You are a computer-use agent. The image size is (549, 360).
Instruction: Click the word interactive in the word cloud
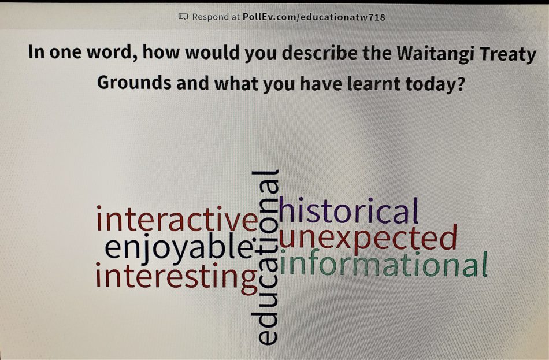click(x=177, y=221)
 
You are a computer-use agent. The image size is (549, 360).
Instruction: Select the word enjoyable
click(x=179, y=248)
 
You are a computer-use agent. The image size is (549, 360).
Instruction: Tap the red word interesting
click(x=176, y=276)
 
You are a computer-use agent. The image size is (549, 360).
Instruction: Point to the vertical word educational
click(x=266, y=257)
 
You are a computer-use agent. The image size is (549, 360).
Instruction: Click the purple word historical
click(x=348, y=211)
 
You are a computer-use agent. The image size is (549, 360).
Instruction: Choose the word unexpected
click(x=368, y=237)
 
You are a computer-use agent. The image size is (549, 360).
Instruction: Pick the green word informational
click(x=384, y=265)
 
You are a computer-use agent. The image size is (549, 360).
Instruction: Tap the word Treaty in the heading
click(x=511, y=54)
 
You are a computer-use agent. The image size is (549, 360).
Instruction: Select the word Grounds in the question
click(x=134, y=83)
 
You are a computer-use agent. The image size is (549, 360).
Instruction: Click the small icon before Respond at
click(x=183, y=17)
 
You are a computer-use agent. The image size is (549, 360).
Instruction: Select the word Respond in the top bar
click(x=211, y=17)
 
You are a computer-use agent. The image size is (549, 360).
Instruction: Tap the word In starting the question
click(x=36, y=54)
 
